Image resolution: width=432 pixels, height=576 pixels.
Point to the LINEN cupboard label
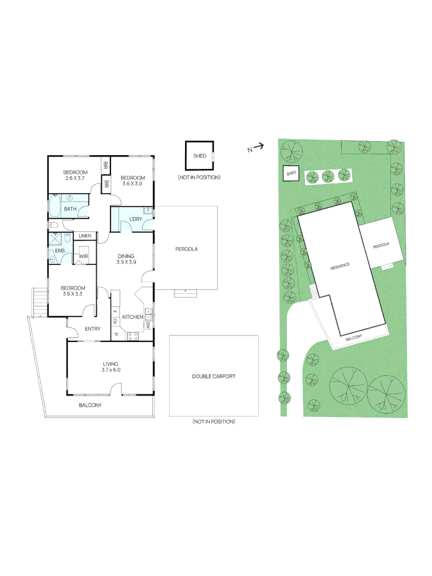pos(85,236)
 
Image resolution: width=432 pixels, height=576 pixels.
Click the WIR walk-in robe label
pos(83,257)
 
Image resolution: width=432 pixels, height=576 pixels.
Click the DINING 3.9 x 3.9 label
pos(126,259)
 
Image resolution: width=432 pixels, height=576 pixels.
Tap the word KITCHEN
pos(132,317)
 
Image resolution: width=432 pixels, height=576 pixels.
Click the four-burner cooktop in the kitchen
pos(133,335)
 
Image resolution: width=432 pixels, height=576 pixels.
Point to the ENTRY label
pos(92,329)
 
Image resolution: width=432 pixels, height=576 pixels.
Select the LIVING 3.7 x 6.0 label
pos(111,366)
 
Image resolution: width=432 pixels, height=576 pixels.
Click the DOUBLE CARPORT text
pos(213,377)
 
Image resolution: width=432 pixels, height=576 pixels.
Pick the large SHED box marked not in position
pos(199,156)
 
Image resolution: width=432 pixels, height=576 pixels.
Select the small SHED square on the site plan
pos(291,173)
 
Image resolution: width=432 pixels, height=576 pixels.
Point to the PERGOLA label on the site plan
pos(381,246)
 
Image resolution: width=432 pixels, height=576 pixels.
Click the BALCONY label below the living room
pos(90,405)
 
